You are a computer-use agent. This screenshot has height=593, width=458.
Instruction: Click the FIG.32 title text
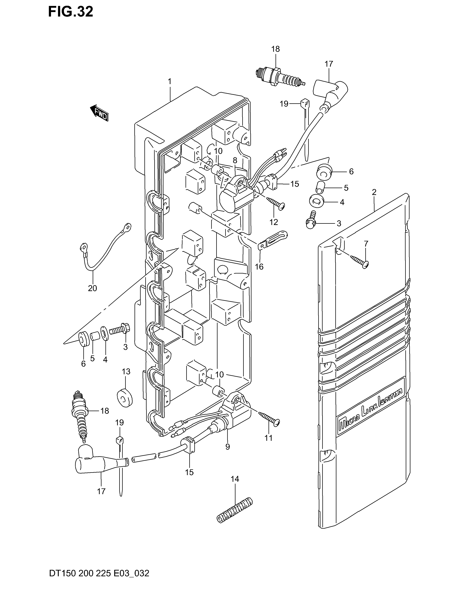(71, 12)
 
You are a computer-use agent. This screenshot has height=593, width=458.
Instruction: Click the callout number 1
(170, 81)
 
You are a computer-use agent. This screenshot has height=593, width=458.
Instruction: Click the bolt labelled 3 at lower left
(120, 331)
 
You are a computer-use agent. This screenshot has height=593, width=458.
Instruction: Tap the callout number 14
(235, 479)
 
